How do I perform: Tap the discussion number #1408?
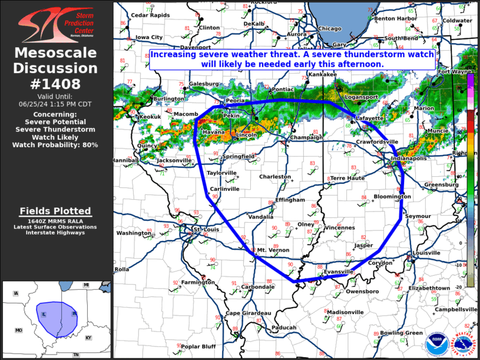click(x=56, y=84)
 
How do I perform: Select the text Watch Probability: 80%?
click(x=56, y=144)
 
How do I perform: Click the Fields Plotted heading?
click(x=55, y=211)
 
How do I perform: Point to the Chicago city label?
click(x=330, y=29)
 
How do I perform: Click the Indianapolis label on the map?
click(x=410, y=158)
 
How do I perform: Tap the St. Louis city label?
click(x=207, y=229)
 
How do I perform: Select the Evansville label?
click(x=339, y=272)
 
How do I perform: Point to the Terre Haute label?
click(x=346, y=178)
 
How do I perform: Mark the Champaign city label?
click(x=307, y=138)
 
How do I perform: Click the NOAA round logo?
click(x=436, y=341)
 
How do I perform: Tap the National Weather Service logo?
click(x=464, y=341)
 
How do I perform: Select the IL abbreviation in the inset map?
click(x=44, y=315)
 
